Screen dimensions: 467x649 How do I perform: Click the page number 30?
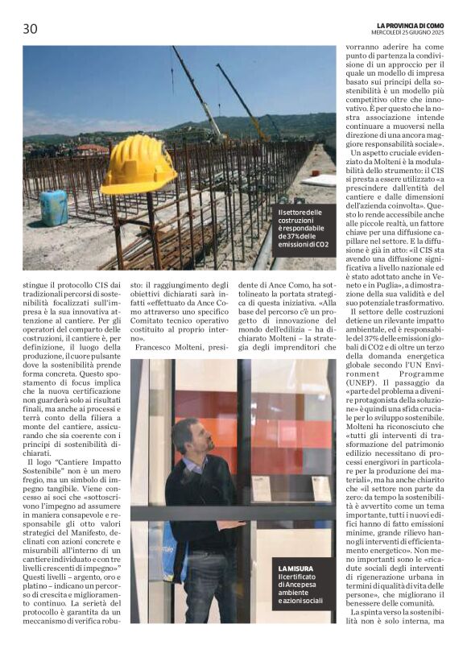[29, 29]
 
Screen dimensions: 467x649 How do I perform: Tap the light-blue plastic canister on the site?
[54, 207]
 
